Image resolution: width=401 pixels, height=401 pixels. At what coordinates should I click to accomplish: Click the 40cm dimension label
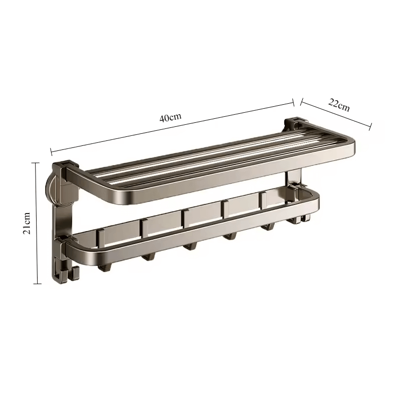pos(170,118)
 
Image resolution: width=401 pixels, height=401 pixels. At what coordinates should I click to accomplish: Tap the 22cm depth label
pos(339,106)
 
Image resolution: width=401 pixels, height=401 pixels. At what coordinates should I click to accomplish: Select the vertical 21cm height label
pos(28,223)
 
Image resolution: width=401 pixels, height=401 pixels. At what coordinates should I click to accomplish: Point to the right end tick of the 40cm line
pos(294,102)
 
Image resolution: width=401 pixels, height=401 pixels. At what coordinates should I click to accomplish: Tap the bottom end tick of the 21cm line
pos(37,284)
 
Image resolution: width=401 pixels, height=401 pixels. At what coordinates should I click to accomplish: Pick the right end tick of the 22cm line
pos(370,126)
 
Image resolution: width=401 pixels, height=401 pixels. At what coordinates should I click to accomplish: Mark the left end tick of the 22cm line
pos(301,102)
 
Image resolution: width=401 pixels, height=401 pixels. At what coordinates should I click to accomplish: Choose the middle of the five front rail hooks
pos(189,246)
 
